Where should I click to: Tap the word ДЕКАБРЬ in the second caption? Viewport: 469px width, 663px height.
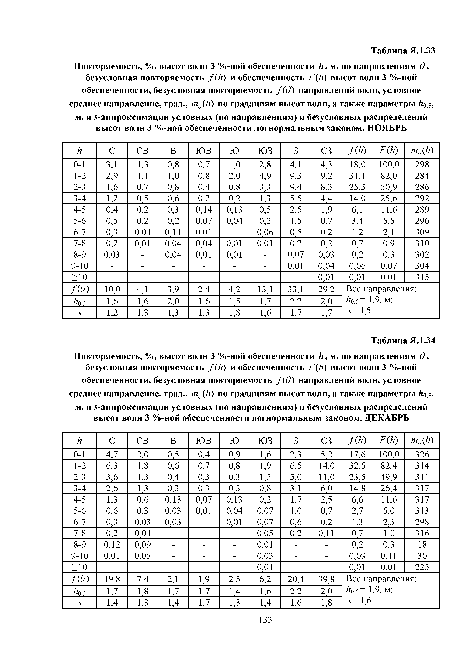pos(387,418)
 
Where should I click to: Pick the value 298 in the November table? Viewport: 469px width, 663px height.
pos(422,165)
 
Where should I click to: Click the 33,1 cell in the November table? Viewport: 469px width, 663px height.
pos(295,289)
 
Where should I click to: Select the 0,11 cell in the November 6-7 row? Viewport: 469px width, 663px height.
pos(173,232)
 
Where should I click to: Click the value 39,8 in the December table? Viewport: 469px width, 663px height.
pos(326,579)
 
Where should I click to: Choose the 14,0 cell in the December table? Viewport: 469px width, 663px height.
pos(326,466)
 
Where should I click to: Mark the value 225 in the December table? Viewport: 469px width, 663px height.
pos(422,567)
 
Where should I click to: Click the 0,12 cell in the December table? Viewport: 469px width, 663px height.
pos(112,545)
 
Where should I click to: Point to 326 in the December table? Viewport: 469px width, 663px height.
pos(422,455)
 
